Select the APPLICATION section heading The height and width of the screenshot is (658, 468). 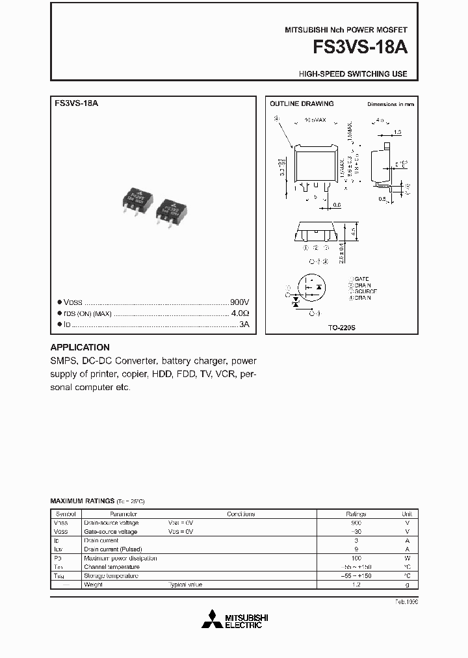coord(80,347)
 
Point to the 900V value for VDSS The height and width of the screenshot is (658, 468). coord(239,303)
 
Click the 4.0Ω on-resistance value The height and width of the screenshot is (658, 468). coord(240,313)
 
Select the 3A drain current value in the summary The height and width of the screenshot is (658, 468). coord(244,324)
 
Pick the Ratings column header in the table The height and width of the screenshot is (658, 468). coord(356,514)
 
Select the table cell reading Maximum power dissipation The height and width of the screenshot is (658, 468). coord(120,558)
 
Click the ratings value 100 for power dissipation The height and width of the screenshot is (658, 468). coord(356,558)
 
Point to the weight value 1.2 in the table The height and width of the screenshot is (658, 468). coord(356,585)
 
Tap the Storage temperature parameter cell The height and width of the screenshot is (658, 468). coord(110,575)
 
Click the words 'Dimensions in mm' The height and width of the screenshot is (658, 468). coord(390,104)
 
